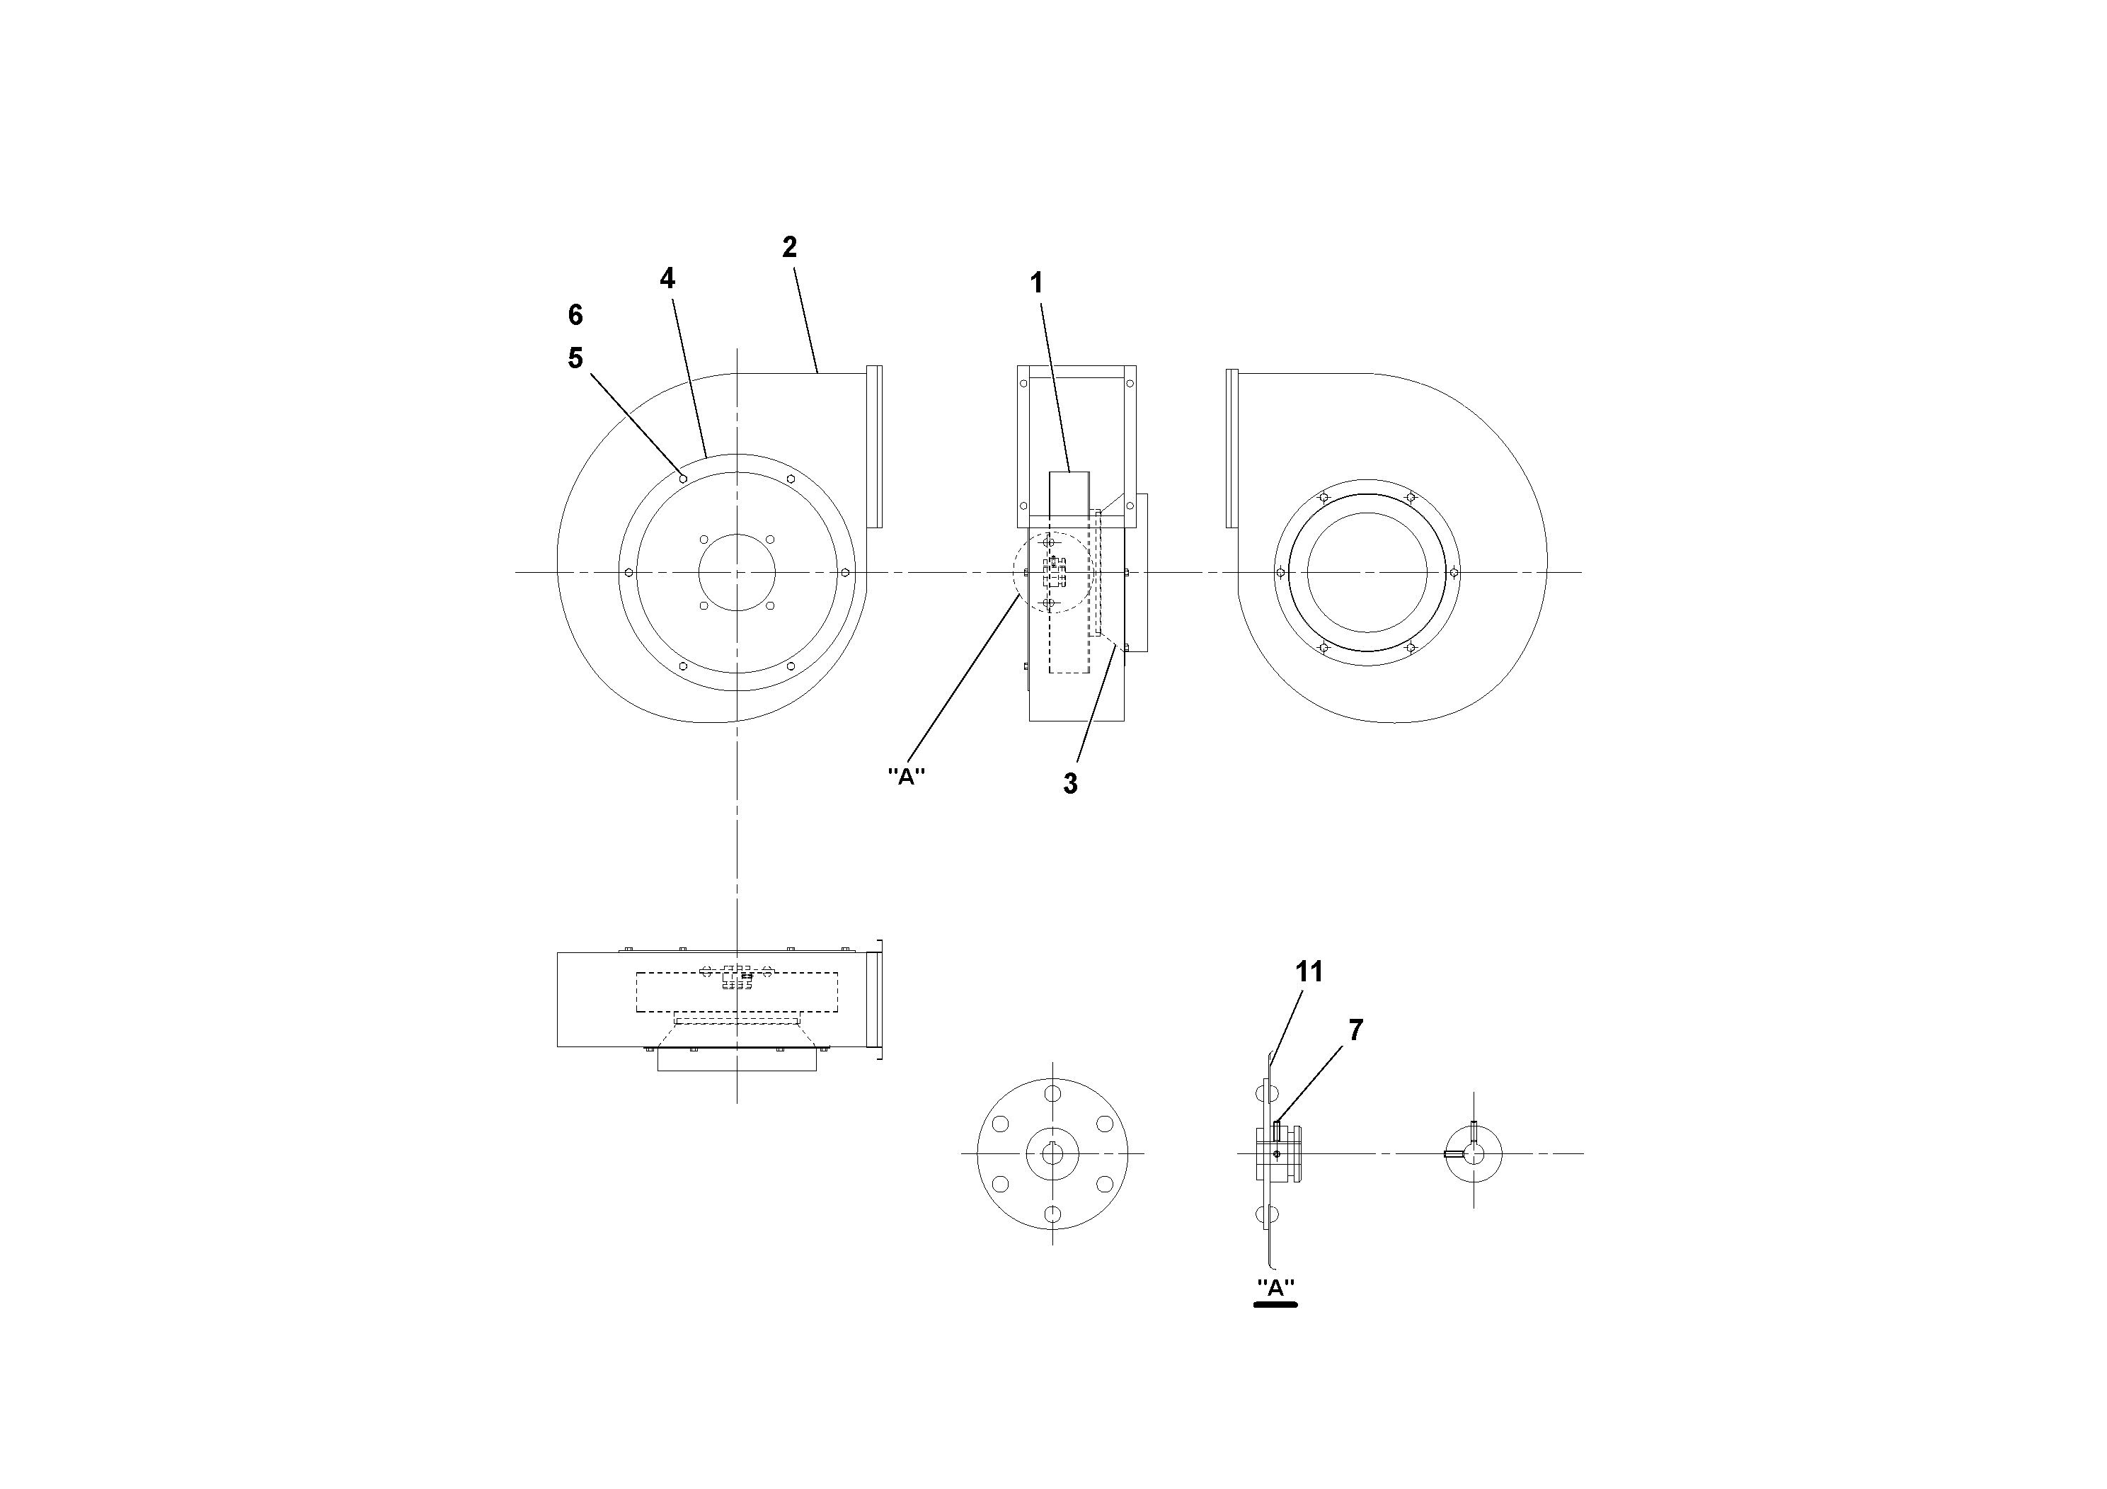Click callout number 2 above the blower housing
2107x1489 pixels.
789,247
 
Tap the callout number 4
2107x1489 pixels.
667,278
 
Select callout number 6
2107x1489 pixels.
575,315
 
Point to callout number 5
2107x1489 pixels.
575,358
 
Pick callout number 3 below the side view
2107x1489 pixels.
1070,784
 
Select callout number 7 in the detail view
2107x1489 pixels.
1355,1030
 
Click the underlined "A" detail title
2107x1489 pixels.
1275,1288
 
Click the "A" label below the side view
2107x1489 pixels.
906,777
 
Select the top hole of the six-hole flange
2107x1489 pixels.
1052,1093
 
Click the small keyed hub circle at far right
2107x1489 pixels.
1474,1153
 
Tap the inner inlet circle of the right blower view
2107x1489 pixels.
1367,572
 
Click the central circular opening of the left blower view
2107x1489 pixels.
736,572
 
